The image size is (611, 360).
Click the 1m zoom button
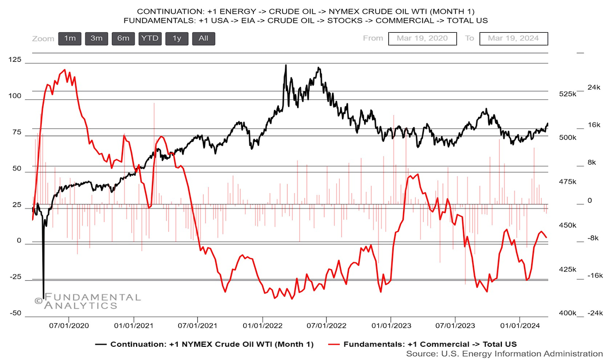tap(70, 39)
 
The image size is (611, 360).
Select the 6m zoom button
tap(123, 39)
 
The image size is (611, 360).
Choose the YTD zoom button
tap(150, 39)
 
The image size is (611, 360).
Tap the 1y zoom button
tap(177, 39)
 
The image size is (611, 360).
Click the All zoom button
tap(203, 39)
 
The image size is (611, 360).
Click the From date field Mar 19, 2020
tap(422, 39)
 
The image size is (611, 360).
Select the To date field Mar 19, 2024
tap(513, 39)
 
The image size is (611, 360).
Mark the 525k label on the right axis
tap(568, 94)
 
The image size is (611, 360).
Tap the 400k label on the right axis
tap(568, 313)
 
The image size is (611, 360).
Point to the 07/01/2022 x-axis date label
tap(326, 326)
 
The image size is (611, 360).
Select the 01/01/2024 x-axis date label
tap(520, 326)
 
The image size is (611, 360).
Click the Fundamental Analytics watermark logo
tap(88, 301)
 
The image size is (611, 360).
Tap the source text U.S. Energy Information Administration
tap(504, 354)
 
